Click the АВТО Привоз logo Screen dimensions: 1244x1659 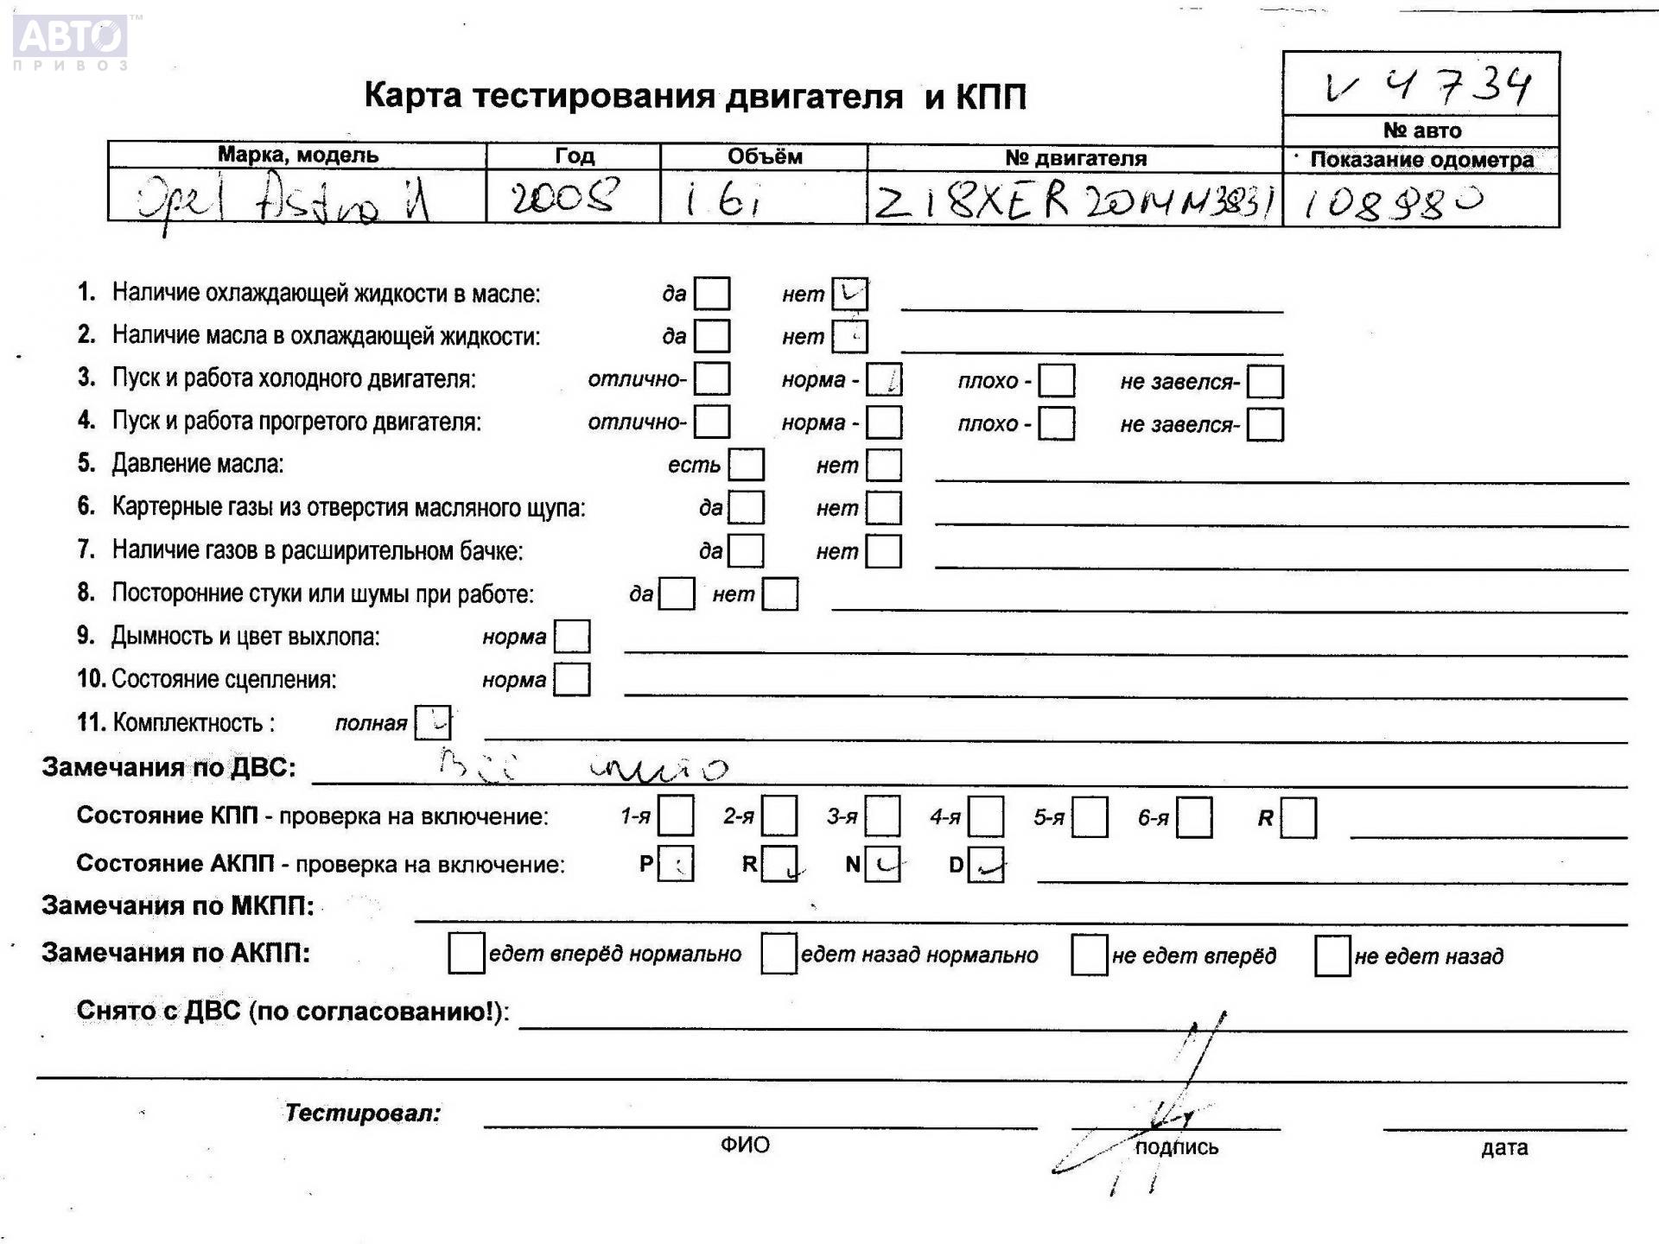coord(72,41)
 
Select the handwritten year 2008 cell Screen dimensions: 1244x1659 coord(565,198)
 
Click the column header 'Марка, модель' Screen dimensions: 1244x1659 coord(297,155)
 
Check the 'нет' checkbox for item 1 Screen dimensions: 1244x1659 coord(849,294)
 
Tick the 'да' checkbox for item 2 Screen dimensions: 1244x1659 coord(712,336)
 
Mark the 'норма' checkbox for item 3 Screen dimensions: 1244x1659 coord(884,379)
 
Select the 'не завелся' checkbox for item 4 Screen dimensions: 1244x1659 coord(1265,424)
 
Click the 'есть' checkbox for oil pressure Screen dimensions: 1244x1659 coord(746,465)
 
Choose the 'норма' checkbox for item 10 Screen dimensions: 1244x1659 coord(571,679)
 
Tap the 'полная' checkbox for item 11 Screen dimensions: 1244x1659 coord(432,722)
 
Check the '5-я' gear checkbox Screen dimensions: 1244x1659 coord(1090,817)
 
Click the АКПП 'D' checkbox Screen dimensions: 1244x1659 coord(986,865)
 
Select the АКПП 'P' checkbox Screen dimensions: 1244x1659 coord(676,864)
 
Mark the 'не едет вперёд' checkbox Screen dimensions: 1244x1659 coord(1089,955)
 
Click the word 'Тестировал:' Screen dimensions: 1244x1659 coord(363,1113)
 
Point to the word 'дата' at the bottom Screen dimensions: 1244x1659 coord(1504,1147)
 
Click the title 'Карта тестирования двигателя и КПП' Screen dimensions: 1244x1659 coord(695,96)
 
